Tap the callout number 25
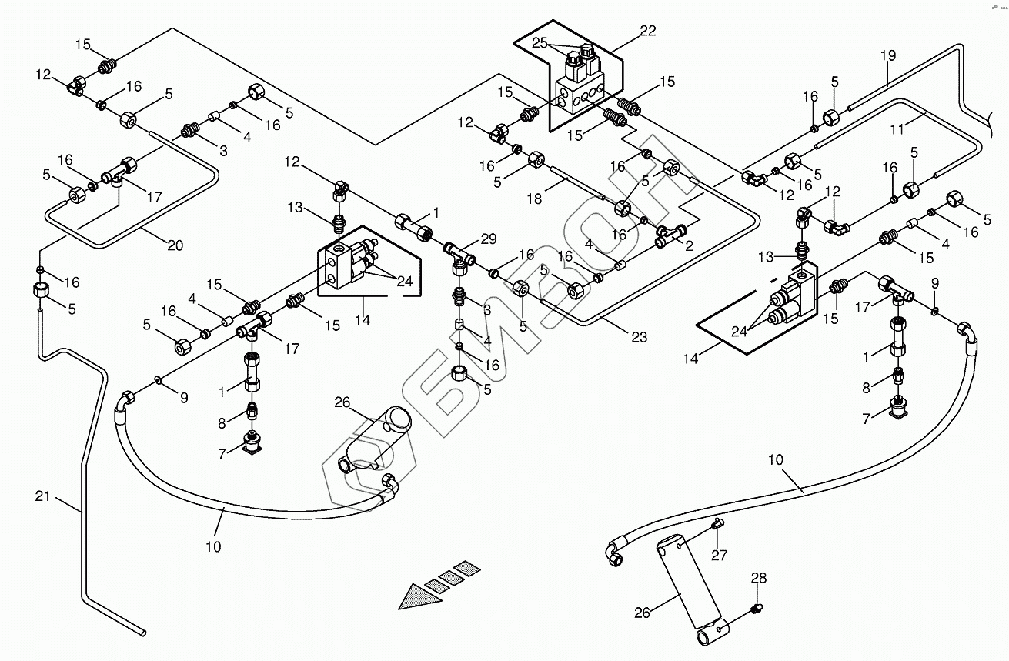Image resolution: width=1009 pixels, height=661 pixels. click(540, 43)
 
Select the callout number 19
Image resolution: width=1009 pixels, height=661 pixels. click(887, 55)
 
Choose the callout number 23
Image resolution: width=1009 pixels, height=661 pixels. click(638, 336)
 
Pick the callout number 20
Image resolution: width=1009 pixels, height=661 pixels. click(175, 245)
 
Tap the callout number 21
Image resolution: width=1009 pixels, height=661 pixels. click(42, 496)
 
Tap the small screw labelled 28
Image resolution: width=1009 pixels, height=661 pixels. click(757, 609)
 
